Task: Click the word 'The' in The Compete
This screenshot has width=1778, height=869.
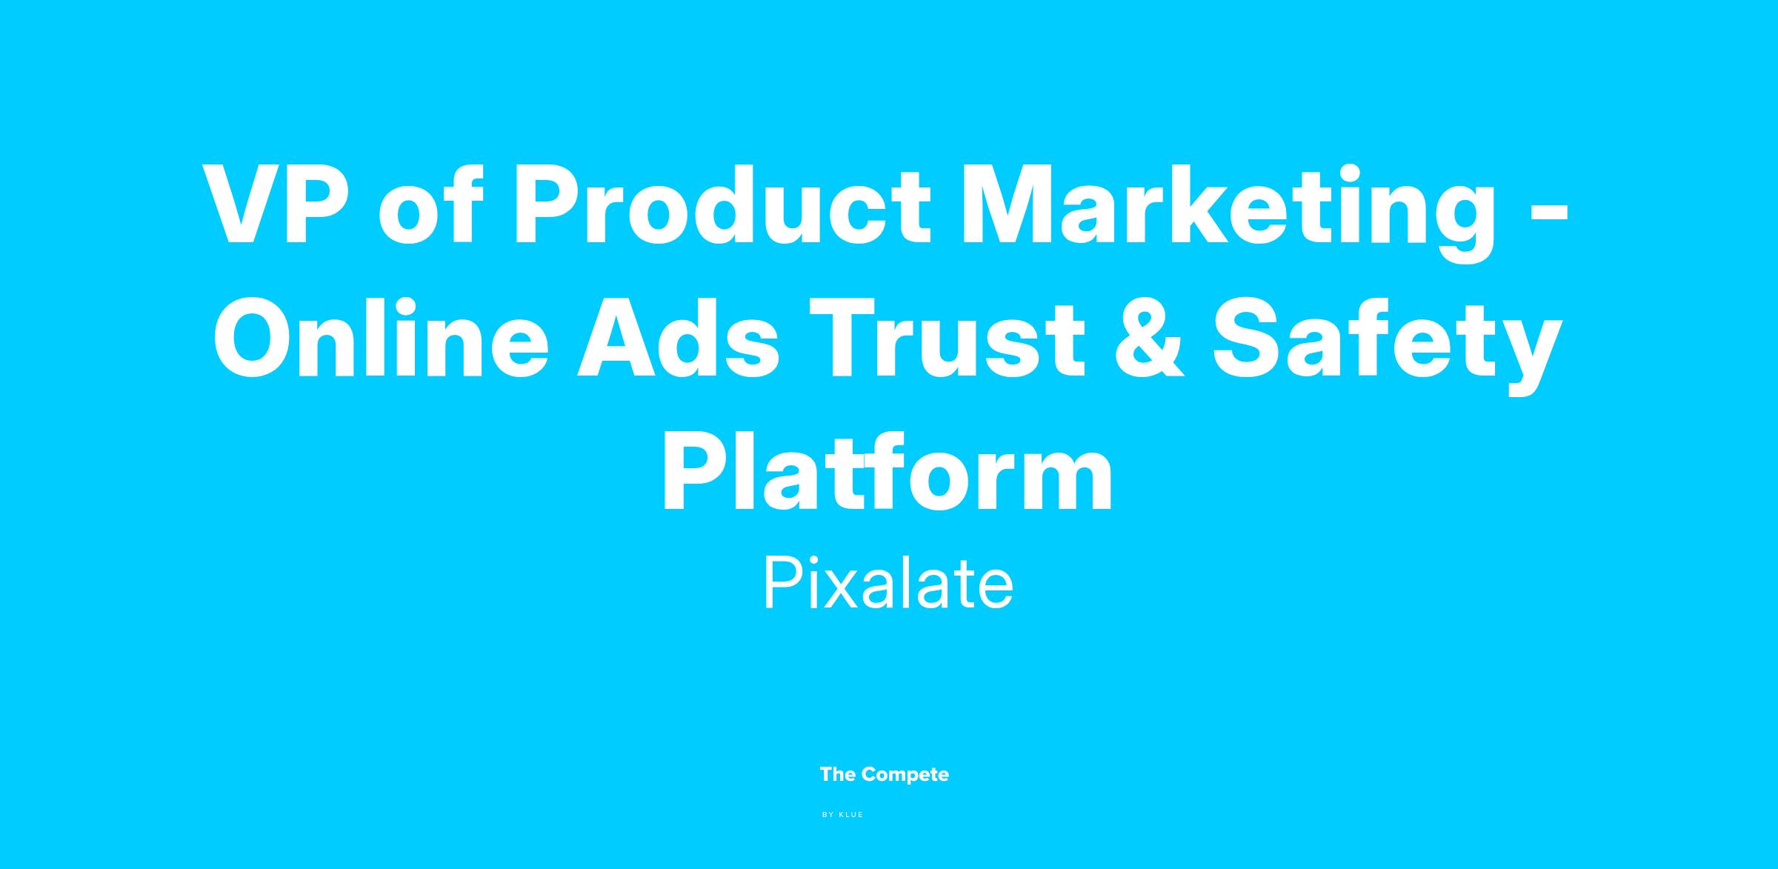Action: (838, 774)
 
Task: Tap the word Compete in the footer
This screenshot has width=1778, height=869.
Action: (905, 775)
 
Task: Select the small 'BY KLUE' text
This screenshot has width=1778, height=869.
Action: (843, 815)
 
